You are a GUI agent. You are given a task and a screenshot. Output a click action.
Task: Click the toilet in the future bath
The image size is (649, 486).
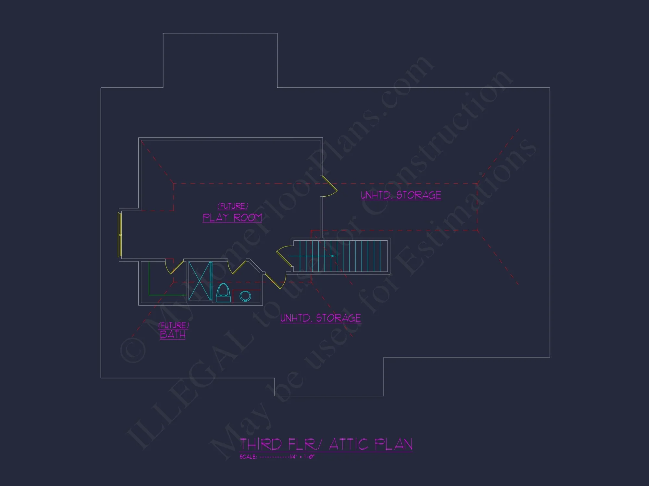223,293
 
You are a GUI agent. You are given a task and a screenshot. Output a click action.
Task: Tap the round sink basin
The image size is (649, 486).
245,296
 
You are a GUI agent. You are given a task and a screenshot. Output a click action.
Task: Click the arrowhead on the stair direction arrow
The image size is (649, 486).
333,256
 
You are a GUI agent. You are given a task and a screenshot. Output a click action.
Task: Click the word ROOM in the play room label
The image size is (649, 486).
248,217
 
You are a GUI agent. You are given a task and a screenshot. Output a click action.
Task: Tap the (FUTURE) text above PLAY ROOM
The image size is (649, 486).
233,206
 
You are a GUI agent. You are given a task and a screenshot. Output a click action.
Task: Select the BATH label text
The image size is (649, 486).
173,334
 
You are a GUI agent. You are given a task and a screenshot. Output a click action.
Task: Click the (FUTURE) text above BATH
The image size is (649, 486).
174,325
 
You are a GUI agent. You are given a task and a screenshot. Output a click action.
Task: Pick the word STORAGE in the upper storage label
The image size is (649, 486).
419,195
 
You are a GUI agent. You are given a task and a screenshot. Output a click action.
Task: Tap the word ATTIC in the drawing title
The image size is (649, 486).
348,444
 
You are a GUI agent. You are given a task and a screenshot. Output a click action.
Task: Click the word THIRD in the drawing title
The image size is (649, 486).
261,444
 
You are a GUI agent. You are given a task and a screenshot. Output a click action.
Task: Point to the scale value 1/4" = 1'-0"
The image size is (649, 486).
302,457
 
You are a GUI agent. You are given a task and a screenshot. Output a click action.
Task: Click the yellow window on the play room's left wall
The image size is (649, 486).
119,235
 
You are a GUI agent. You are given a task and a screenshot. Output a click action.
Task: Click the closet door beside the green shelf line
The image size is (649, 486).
175,267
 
